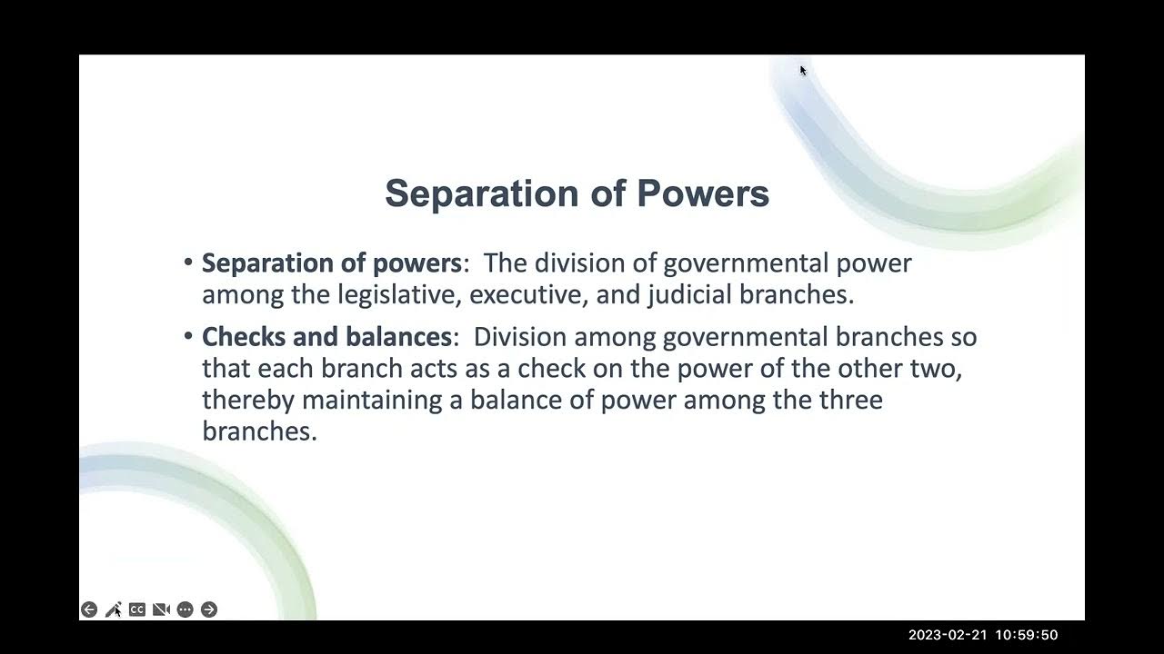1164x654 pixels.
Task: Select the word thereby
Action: tap(248, 400)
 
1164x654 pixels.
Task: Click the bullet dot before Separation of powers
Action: tap(188, 263)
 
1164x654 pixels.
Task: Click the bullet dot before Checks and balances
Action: tap(188, 337)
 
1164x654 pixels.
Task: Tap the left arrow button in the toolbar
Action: tap(89, 609)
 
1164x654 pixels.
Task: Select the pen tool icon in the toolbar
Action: tap(113, 609)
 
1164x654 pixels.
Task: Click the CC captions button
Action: tap(137, 609)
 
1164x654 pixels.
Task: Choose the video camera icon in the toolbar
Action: tap(161, 609)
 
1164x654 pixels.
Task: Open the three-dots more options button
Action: tap(186, 609)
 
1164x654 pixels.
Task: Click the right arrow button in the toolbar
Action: tap(209, 609)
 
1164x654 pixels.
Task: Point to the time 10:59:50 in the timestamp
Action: tap(1023, 635)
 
